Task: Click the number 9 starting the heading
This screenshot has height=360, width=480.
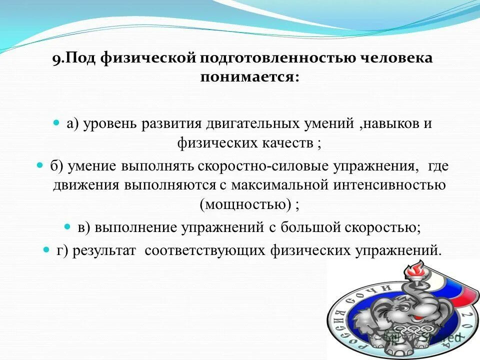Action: pyautogui.click(x=56, y=58)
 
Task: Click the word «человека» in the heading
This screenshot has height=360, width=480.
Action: pyautogui.click(x=396, y=58)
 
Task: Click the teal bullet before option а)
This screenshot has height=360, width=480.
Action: pyautogui.click(x=56, y=122)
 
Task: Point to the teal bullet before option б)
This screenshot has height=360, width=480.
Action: pyautogui.click(x=40, y=165)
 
